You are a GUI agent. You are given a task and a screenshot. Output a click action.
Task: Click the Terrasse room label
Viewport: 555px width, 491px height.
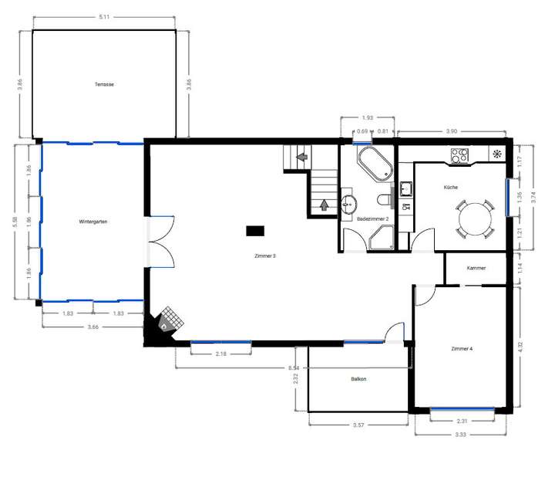[104, 83]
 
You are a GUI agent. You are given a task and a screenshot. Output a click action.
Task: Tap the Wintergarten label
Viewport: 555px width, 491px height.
[92, 222]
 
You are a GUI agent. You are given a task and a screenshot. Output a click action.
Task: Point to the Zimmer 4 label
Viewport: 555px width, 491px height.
[462, 349]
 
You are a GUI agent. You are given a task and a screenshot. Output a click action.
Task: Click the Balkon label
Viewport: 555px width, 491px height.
[358, 379]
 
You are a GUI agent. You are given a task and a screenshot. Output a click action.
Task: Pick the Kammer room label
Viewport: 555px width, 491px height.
[476, 268]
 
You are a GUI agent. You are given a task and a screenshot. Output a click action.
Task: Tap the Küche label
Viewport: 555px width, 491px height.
[451, 188]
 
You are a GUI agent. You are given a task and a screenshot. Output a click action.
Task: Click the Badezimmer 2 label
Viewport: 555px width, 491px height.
[372, 219]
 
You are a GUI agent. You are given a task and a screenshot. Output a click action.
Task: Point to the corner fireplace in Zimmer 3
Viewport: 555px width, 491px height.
[168, 321]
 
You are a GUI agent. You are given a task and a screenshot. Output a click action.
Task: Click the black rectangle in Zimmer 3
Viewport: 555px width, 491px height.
[255, 229]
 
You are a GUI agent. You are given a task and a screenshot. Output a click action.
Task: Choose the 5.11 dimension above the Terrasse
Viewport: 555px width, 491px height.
[103, 16]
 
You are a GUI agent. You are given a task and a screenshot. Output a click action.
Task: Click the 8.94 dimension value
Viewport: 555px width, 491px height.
[293, 368]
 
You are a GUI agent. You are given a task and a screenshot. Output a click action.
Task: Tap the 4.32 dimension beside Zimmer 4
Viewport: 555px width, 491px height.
[521, 346]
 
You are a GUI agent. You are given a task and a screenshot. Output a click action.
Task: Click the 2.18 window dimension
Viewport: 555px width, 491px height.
[221, 354]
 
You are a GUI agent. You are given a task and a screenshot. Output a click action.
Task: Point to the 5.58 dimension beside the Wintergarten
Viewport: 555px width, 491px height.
[15, 221]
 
